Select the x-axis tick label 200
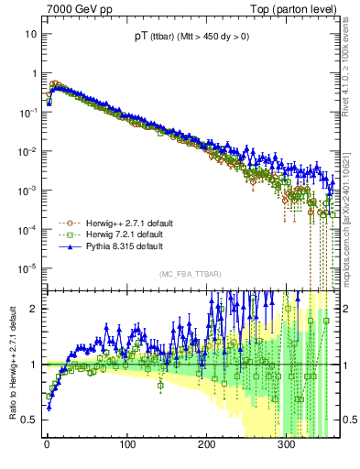coord(206,444)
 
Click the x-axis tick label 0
coord(47,444)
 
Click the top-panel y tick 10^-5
coord(27,268)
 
